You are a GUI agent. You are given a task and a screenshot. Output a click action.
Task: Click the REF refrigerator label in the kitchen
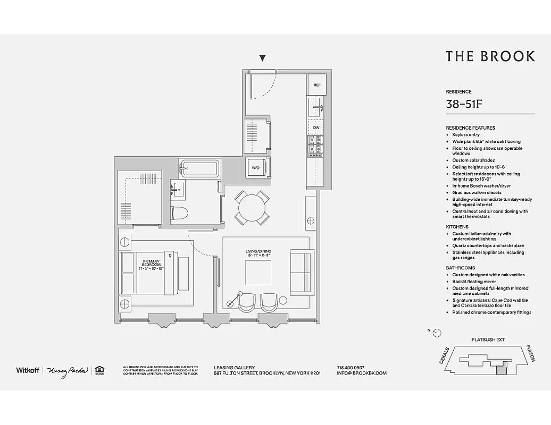pos(317,85)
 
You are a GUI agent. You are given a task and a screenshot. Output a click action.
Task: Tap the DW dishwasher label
pos(316,128)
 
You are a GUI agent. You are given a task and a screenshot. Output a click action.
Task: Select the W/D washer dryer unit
pos(255,168)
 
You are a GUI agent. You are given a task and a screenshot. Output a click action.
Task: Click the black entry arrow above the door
pos(262,58)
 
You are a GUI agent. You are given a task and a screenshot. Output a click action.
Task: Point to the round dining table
pos(252,207)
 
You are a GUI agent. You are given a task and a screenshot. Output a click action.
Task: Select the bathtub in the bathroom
pos(199,169)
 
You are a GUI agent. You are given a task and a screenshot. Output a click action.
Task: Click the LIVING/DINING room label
pos(258,253)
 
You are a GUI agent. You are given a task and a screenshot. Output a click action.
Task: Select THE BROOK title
pos(490,56)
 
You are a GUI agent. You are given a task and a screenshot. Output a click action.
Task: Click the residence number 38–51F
pos(464,104)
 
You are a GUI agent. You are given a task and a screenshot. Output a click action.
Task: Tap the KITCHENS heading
pos(457,227)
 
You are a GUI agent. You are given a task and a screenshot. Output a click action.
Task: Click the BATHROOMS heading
pos(460,268)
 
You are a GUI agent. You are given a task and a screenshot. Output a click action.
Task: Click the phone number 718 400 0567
pos(350,367)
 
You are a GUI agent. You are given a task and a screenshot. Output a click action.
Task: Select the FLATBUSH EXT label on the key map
pos(488,339)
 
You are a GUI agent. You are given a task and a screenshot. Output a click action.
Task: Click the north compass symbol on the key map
pos(437,333)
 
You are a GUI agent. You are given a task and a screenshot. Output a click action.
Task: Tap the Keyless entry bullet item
pos(465,135)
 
